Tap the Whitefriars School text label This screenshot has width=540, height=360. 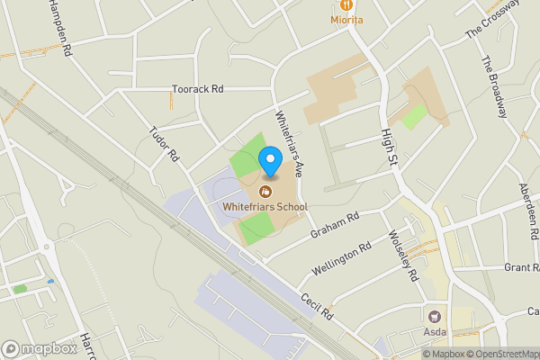pyautogui.click(x=265, y=207)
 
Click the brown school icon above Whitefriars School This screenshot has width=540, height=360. pyautogui.click(x=265, y=192)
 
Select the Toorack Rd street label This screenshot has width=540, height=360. pyautogui.click(x=197, y=90)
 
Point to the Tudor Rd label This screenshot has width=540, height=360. pyautogui.click(x=165, y=144)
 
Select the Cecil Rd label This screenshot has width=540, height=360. pyautogui.click(x=318, y=306)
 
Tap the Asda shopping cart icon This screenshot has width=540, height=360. pyautogui.click(x=436, y=316)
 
